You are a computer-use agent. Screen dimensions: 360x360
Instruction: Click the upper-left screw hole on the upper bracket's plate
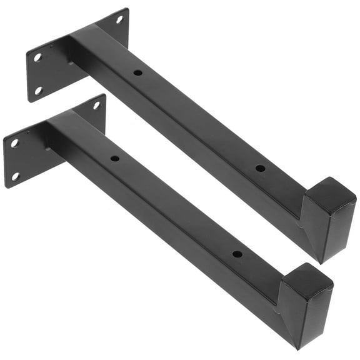coord(37,57)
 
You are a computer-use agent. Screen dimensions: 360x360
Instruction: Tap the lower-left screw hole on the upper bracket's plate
coord(37,91)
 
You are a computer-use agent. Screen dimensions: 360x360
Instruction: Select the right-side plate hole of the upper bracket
coord(119,19)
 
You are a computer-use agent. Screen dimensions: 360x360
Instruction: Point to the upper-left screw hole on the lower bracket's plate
coord(14,143)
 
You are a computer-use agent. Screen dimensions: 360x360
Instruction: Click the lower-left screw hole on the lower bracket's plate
coord(15,176)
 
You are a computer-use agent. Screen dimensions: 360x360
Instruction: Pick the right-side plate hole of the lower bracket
coord(97,105)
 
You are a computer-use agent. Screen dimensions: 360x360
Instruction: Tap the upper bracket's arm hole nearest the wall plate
coord(137,72)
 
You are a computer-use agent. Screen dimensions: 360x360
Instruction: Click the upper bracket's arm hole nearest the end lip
coord(259,168)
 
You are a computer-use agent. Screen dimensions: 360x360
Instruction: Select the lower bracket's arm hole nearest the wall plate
coord(115,158)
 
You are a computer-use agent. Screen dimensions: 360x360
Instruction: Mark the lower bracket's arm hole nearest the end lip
coord(237,254)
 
